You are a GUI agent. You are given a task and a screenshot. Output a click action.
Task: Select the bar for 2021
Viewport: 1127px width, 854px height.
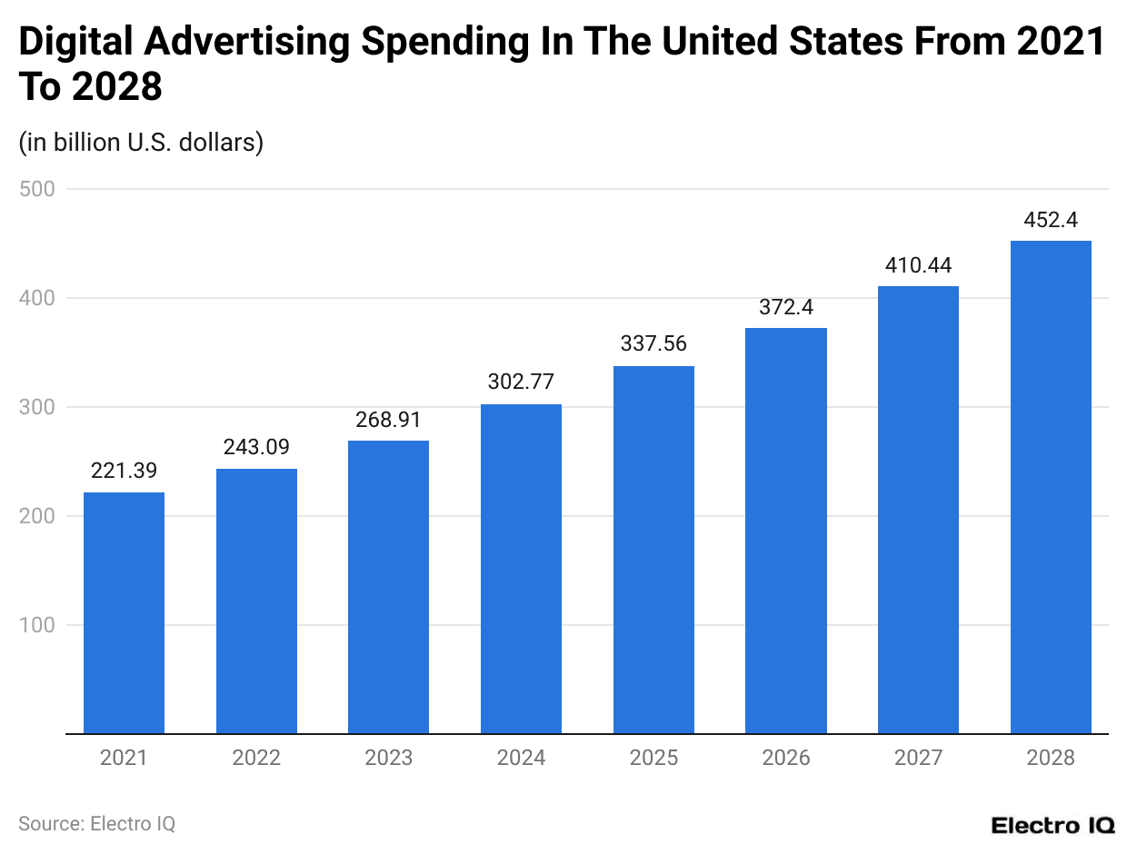point(124,612)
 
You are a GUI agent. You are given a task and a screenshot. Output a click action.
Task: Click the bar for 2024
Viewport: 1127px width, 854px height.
point(521,569)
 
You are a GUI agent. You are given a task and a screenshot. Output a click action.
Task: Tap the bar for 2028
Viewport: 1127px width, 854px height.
point(1051,487)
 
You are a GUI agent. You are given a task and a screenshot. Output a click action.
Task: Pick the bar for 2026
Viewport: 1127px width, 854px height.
point(786,531)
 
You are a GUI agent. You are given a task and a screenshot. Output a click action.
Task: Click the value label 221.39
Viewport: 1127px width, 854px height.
point(124,471)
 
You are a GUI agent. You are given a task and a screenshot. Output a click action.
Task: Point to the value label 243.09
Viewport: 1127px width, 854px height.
point(256,447)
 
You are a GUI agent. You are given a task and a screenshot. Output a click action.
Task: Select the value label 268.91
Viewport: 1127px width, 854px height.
point(388,420)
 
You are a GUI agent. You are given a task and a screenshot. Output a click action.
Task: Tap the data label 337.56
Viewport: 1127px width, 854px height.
point(653,344)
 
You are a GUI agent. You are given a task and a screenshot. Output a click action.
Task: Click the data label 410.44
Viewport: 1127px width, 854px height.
point(918,265)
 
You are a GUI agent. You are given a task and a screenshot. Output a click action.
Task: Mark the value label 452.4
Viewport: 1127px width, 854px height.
point(1051,220)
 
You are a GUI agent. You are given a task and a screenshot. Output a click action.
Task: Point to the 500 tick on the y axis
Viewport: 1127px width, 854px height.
point(36,189)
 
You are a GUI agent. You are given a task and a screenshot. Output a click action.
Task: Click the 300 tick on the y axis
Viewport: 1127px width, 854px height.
point(36,407)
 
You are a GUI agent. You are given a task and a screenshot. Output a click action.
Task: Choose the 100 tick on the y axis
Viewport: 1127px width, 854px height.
point(36,625)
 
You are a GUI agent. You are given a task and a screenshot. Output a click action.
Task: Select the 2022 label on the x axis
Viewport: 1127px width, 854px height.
point(256,758)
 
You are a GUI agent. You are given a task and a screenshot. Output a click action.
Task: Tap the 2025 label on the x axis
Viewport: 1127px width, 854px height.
point(653,758)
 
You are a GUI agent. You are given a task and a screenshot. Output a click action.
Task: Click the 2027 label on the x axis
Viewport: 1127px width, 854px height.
point(918,758)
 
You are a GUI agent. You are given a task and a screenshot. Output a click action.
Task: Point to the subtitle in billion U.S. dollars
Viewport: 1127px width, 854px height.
point(141,143)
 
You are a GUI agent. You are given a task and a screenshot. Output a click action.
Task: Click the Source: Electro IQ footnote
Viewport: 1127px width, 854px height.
point(96,823)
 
